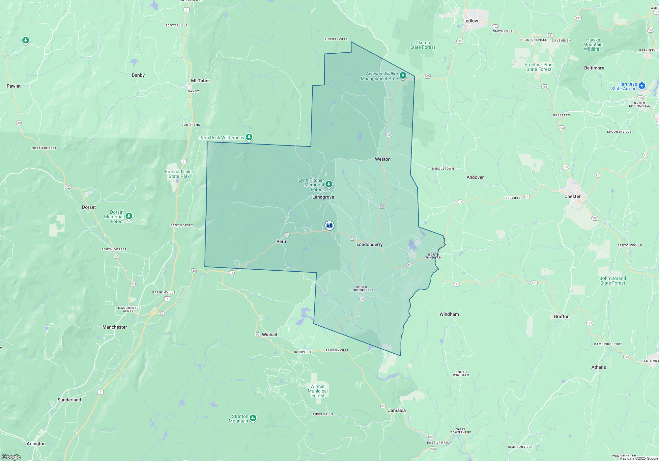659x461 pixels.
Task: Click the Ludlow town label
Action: (470, 21)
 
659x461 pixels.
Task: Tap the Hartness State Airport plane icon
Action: (642, 86)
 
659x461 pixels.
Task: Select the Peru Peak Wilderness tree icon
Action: (249, 137)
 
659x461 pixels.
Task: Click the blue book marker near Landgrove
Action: (329, 226)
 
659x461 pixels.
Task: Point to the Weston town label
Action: (383, 159)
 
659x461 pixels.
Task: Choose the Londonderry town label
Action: (369, 244)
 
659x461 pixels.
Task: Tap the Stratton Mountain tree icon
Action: (253, 418)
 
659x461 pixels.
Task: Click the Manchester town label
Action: (115, 327)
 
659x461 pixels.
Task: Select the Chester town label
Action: (572, 196)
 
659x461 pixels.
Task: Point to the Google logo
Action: (11, 457)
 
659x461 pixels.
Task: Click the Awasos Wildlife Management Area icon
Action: (403, 76)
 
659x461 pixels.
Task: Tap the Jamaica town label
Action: (397, 410)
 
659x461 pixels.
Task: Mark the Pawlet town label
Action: (14, 86)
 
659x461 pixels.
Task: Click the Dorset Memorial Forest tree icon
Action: (129, 216)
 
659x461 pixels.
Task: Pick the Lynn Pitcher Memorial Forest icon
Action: (329, 184)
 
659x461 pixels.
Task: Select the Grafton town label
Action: (561, 316)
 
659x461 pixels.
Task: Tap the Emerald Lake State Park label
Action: (179, 174)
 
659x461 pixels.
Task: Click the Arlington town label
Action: (36, 444)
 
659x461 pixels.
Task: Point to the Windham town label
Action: (449, 314)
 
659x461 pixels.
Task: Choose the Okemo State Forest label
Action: (422, 45)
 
